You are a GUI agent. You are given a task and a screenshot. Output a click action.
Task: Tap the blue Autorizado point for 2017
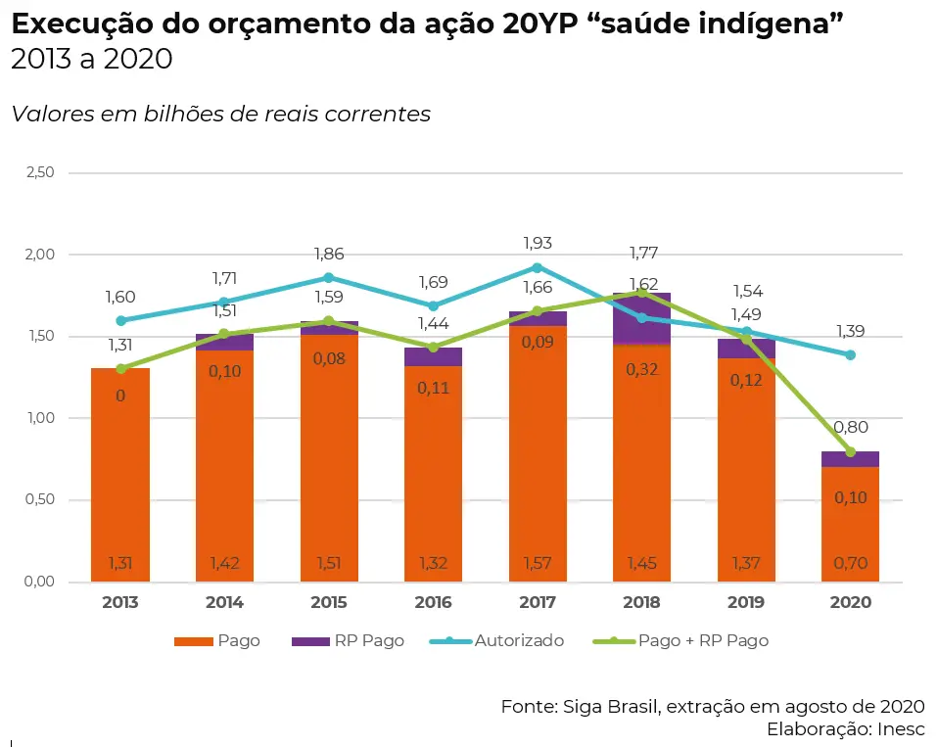coord(537,267)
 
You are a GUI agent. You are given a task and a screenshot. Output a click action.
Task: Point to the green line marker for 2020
coord(850,452)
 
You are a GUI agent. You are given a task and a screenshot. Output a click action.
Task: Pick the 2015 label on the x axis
coord(329,602)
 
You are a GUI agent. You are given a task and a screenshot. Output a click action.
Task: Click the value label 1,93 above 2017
coord(537,243)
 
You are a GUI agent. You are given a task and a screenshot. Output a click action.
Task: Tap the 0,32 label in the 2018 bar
coord(641,369)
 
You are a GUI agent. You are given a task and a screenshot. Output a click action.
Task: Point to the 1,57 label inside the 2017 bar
coord(537,563)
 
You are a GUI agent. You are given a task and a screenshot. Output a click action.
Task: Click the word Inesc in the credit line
coord(902,728)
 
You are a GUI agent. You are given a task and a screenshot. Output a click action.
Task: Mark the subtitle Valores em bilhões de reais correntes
coord(221,114)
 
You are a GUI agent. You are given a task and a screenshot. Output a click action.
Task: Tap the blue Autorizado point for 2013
coord(120,320)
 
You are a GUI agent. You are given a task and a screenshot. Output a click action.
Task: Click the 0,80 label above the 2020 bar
coord(850,427)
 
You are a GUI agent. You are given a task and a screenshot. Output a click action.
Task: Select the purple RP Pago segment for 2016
coord(433,357)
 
